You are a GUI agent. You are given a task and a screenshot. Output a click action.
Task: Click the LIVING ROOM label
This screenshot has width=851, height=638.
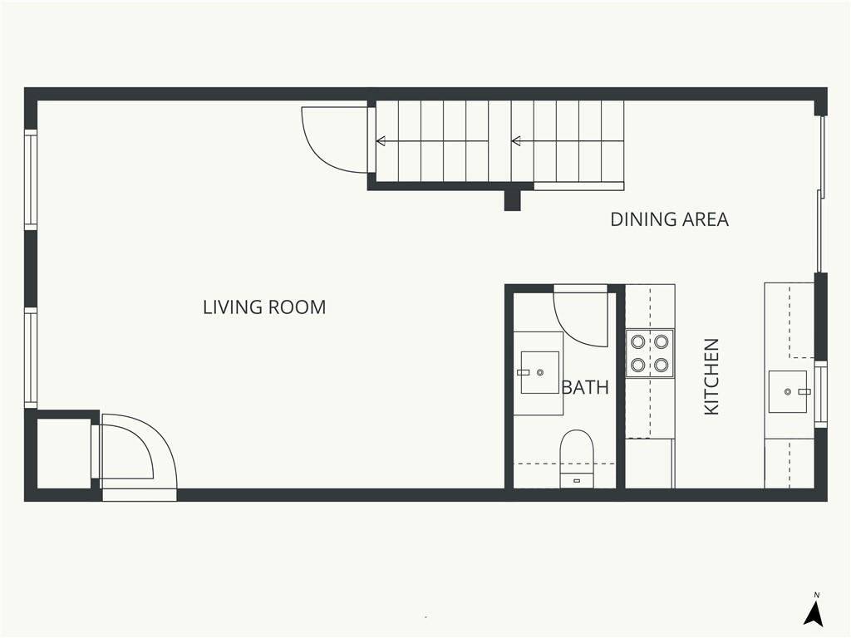(x=264, y=307)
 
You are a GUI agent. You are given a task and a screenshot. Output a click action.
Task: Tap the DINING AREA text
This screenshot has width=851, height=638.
(x=669, y=219)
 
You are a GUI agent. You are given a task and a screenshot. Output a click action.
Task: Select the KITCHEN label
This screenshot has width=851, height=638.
(x=711, y=377)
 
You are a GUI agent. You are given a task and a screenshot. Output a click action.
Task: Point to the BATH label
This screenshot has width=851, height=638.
(x=585, y=387)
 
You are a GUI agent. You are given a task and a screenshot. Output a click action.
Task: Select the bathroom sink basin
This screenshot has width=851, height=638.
(x=539, y=372)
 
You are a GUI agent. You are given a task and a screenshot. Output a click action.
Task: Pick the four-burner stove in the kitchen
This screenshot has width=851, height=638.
(x=650, y=353)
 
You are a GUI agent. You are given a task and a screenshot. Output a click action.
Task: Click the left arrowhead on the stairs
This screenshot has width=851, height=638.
(x=381, y=141)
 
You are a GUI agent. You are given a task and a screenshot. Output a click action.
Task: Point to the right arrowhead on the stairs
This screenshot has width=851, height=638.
(x=516, y=141)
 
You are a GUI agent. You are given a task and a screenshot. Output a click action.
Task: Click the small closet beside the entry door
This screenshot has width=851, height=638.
(x=63, y=454)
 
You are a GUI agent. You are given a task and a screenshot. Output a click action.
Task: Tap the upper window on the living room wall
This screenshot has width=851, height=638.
(x=31, y=179)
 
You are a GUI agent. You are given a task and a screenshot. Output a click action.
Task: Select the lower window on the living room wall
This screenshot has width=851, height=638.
(x=31, y=358)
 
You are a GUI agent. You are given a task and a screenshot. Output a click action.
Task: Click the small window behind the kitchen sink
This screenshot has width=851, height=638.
(x=820, y=395)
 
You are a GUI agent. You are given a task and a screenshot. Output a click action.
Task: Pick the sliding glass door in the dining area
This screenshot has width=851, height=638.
(x=821, y=194)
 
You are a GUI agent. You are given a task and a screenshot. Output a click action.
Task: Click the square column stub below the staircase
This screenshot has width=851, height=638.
(x=512, y=200)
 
